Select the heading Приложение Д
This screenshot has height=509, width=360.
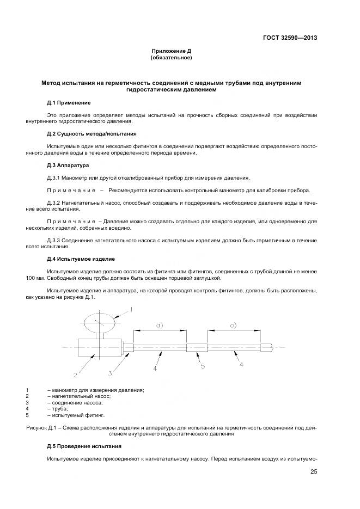coord(171,51)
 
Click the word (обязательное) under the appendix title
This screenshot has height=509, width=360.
coord(171,57)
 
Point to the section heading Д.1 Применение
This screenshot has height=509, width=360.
coord(69,102)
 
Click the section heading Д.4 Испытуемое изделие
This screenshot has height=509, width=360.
coord(81,259)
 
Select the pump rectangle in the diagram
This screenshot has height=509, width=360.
coord(97,347)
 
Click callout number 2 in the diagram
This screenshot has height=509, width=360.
coord(75,375)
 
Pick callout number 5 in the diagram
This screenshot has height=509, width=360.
coord(202,366)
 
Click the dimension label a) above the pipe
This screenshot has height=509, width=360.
coord(160,325)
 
